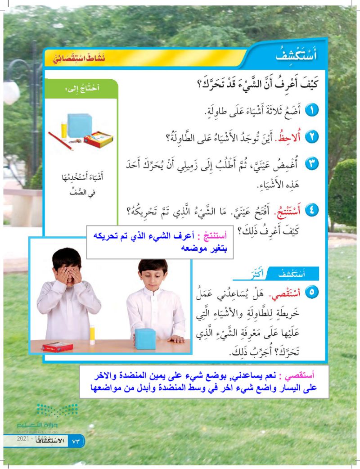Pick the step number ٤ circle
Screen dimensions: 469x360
312,210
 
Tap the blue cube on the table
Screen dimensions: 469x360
145,338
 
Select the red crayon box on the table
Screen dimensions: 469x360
58,347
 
